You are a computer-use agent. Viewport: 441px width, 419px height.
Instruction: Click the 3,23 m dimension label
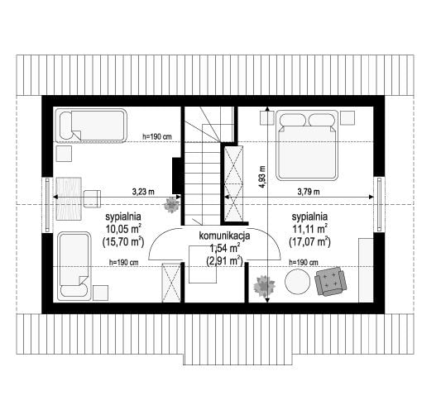tap(143, 192)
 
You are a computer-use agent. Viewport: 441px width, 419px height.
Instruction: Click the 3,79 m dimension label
tap(309, 192)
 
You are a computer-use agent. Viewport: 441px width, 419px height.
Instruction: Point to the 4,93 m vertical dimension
tap(262, 177)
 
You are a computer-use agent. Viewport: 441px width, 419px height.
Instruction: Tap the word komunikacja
tap(224, 236)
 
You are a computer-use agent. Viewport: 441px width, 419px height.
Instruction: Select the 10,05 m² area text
tap(123, 229)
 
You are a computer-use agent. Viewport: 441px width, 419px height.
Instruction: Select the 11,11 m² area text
tap(309, 229)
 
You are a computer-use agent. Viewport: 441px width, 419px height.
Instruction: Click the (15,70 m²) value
tap(123, 241)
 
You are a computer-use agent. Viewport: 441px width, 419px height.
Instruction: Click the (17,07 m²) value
tap(309, 241)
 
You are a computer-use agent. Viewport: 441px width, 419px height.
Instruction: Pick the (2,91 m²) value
tap(224, 261)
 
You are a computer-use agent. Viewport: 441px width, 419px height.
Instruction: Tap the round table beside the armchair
tap(298, 282)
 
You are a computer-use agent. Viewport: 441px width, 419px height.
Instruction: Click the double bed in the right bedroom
tap(307, 145)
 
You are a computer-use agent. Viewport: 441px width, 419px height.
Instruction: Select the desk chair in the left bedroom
tap(92, 198)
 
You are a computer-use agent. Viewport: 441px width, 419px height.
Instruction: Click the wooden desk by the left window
tap(69, 198)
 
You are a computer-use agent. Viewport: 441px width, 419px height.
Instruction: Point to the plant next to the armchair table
tap(264, 286)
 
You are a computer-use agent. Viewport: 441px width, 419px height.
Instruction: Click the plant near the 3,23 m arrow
tap(171, 205)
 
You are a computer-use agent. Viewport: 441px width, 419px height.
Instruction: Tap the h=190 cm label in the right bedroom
tap(304, 262)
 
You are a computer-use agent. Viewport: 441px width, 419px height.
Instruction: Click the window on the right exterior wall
tap(379, 204)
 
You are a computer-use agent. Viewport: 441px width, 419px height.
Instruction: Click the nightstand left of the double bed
tap(266, 117)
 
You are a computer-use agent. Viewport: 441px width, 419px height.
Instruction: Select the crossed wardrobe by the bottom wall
tap(171, 283)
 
